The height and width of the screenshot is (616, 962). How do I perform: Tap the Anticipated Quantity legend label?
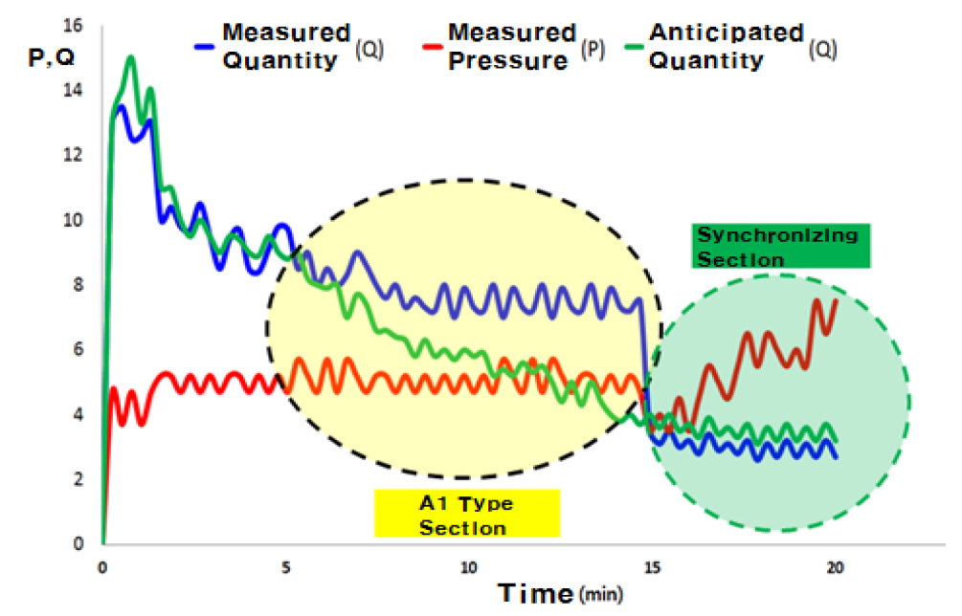click(x=726, y=45)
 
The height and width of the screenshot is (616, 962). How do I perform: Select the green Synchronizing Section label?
click(x=777, y=246)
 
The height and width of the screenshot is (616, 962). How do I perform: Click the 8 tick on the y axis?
click(x=78, y=284)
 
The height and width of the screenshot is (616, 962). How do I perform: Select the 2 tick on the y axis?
click(x=78, y=479)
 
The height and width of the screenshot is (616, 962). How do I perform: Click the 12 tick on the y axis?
click(x=73, y=154)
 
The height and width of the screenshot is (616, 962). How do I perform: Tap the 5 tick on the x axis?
click(x=285, y=566)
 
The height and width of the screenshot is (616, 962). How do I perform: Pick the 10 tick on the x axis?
click(x=468, y=566)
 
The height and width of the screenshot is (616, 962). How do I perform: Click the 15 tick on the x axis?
click(x=652, y=566)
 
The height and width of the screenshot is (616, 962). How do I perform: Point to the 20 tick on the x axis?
click(x=835, y=566)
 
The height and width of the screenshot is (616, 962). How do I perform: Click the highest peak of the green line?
click(x=130, y=57)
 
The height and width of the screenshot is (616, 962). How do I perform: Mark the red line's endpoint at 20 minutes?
click(x=836, y=300)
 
